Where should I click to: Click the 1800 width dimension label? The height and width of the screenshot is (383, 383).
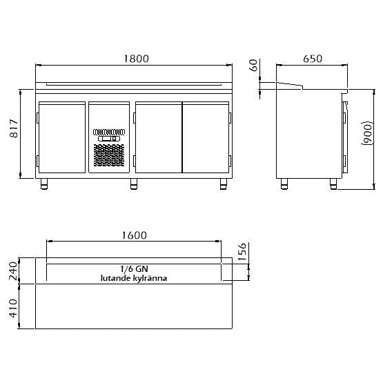pos(137,59)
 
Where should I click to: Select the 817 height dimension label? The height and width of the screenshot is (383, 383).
pos(14,128)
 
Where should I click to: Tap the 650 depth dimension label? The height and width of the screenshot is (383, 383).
pos(313,59)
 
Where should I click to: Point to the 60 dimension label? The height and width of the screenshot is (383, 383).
pos(254,66)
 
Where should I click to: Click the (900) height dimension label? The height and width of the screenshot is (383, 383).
pos(368,133)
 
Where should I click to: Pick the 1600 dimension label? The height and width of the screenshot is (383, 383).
pos(135,235)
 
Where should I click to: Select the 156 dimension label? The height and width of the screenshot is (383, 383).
pos(242,252)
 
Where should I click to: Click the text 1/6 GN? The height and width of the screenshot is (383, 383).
pos(134,269)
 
